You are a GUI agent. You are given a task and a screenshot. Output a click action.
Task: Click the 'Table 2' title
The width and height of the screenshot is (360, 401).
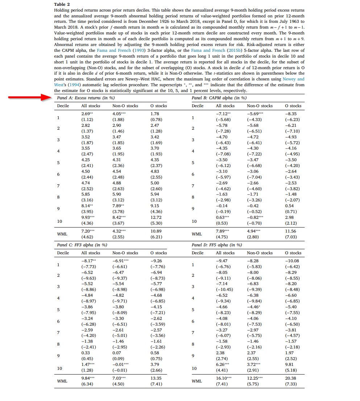pos(60,4)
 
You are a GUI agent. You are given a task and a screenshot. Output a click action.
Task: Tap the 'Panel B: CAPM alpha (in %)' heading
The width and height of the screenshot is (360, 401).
pos(219,98)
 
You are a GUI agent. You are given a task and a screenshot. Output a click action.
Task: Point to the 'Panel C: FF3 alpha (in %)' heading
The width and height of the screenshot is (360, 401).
pos(82,245)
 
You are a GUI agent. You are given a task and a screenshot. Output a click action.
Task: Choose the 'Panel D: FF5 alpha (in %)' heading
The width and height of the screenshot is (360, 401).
pos(217,245)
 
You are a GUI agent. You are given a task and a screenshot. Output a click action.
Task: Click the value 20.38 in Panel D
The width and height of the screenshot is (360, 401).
pos(291,378)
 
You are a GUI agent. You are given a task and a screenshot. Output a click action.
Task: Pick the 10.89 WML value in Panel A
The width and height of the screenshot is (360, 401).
pos(156,231)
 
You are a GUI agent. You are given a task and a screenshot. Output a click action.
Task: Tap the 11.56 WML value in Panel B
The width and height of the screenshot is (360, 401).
pos(291,231)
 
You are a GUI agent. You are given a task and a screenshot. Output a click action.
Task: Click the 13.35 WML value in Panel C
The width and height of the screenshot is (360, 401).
pos(156,378)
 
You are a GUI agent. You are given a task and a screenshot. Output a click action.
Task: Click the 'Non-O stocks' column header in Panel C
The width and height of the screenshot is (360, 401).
pos(125,253)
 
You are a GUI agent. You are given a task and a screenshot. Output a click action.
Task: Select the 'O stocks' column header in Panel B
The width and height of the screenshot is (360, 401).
pos(293,106)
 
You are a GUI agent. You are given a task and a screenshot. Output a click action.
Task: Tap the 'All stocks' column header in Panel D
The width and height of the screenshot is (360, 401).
pos(225,253)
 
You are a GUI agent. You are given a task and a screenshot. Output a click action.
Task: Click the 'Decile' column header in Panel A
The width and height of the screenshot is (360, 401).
pos(63,106)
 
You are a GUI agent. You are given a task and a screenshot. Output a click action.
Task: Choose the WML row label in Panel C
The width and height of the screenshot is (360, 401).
pos(62,381)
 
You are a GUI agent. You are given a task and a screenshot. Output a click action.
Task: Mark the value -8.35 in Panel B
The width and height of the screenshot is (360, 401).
pos(291,113)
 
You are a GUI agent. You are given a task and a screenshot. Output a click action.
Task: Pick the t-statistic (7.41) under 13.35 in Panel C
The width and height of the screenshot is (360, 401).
pos(156,384)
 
